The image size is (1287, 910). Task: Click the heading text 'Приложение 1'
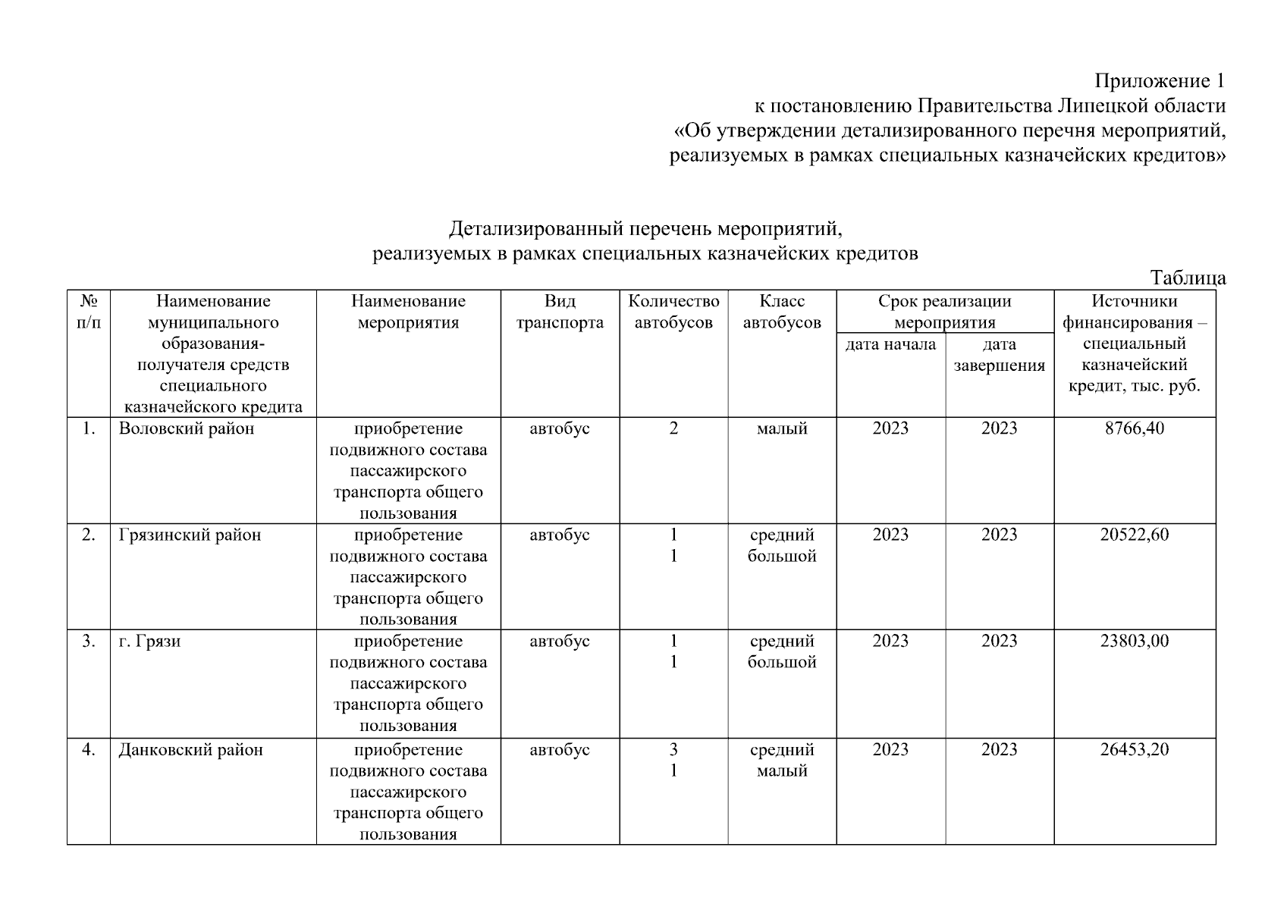click(1160, 80)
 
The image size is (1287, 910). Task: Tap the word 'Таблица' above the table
click(1188, 278)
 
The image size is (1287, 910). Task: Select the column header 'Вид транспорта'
click(560, 312)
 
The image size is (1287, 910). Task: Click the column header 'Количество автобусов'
click(673, 312)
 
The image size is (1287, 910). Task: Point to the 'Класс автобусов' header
click(782, 312)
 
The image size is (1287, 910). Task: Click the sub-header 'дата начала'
click(890, 345)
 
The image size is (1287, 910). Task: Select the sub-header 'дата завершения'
click(999, 355)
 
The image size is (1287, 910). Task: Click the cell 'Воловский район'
click(187, 428)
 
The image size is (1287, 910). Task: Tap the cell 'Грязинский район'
click(190, 535)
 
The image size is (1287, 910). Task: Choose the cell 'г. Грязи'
click(149, 642)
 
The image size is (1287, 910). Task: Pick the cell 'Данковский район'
click(190, 750)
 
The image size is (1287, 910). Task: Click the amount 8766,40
click(1135, 428)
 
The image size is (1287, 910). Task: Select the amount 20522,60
click(1135, 535)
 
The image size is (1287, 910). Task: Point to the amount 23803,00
click(1135, 642)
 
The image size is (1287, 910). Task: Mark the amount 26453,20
click(1135, 750)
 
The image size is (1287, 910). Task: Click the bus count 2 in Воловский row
click(673, 428)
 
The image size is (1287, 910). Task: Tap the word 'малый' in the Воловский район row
click(782, 428)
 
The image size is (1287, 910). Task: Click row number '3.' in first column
click(89, 642)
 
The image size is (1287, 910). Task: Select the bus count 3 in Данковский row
click(673, 750)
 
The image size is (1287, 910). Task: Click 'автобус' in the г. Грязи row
click(560, 642)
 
